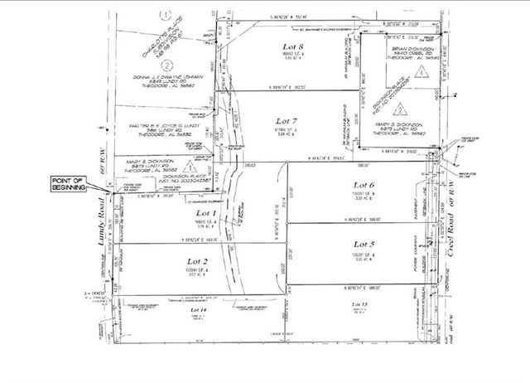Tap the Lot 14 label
(x=197, y=309)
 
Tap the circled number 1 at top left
(x=166, y=14)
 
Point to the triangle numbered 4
(x=422, y=72)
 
